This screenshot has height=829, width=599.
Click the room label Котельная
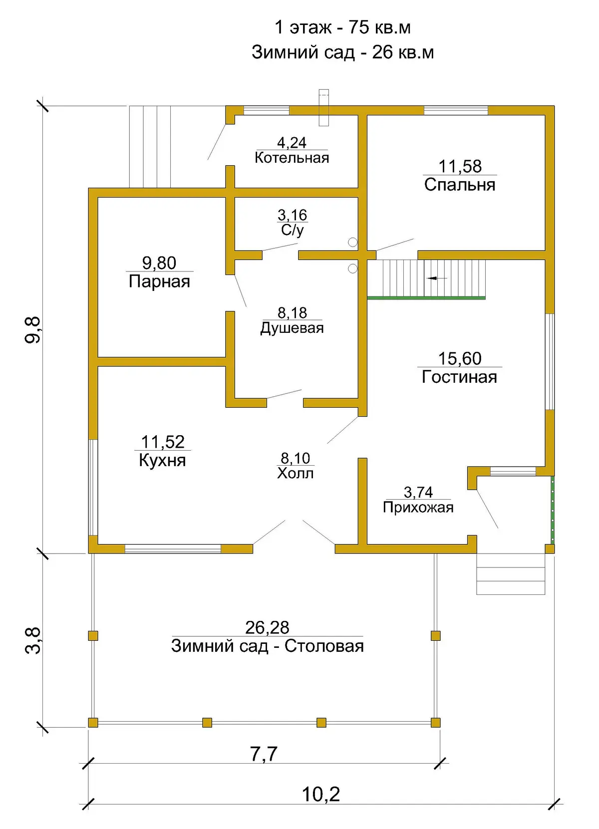pos(292,158)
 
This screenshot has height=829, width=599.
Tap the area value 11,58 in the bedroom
pos(460,167)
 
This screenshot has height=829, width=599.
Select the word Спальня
pos(459,185)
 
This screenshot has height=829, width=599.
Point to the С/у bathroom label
pos(292,230)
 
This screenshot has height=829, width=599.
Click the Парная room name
pos(159,281)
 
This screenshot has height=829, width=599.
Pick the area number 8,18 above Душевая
pos(292,313)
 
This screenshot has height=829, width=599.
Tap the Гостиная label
pos(459,377)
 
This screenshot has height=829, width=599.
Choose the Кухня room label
pos(162,460)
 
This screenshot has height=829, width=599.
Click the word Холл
pos(295,473)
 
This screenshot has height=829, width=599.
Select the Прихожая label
pos(418,508)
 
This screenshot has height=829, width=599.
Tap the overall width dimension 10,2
pos(320,795)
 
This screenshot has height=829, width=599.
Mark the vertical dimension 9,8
pos(33,330)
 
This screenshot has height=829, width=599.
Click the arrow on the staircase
pos(437,278)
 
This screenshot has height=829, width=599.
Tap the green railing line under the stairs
pos(426,297)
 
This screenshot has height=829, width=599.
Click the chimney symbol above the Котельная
pos(323,107)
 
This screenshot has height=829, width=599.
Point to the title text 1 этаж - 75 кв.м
pos(342,28)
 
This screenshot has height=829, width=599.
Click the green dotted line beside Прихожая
pos(553,510)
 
